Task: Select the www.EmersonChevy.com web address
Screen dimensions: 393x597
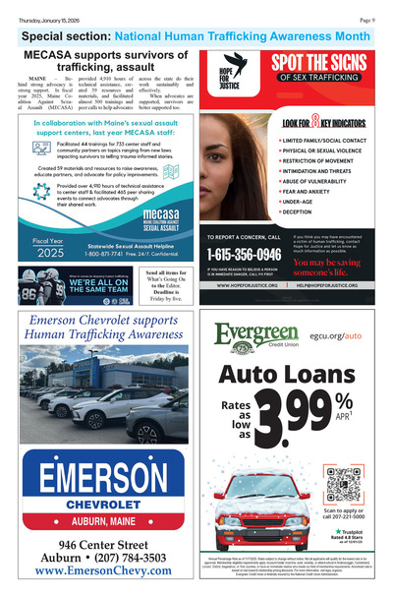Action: (x=103, y=571)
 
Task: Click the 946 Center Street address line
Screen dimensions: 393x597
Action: (x=103, y=544)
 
